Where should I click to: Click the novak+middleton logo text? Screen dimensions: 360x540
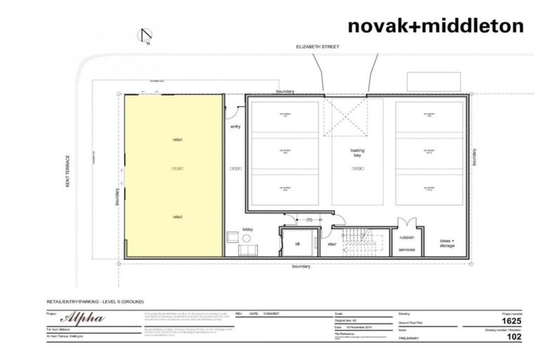coord(435,26)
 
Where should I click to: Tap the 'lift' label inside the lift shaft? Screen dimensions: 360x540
coord(297,245)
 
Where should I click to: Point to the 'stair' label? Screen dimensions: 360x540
coord(332,245)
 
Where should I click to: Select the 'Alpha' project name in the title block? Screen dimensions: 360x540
coord(84,318)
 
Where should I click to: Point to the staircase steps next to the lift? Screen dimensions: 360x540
coord(362,242)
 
